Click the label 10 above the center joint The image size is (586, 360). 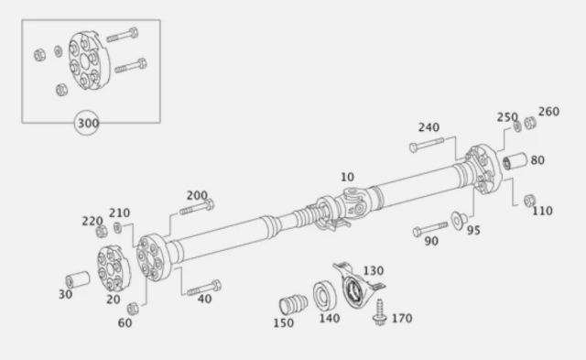(347, 176)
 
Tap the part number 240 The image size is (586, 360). (430, 127)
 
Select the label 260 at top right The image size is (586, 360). (548, 112)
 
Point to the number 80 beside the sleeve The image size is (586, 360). (537, 160)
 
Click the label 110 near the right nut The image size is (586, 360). (542, 211)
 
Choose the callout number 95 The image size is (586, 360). (472, 231)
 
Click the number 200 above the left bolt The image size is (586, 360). (197, 195)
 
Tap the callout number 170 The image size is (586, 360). (401, 319)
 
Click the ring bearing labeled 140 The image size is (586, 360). (322, 296)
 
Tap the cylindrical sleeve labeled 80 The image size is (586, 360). (515, 163)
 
